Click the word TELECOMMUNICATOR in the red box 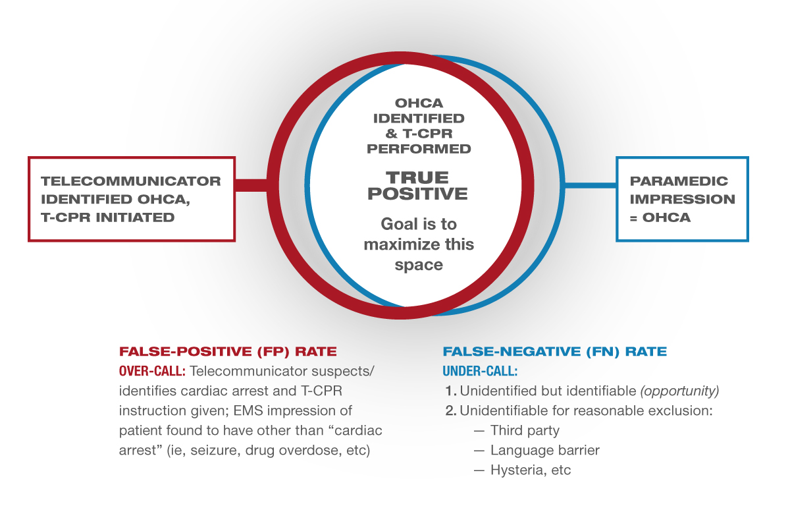tap(131, 181)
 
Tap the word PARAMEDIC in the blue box tap(679, 181)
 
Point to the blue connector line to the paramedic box tap(591, 185)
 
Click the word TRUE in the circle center tap(417, 177)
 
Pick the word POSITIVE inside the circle tap(417, 194)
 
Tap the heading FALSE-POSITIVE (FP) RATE tap(228, 352)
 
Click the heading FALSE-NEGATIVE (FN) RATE tap(555, 352)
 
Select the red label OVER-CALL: tap(152, 371)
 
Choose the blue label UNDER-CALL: tap(480, 371)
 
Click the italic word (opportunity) tap(679, 391)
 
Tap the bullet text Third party tap(525, 430)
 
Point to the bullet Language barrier tap(545, 450)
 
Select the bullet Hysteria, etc tap(531, 470)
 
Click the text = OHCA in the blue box tap(660, 217)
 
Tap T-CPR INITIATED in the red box tap(107, 217)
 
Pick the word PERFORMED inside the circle tap(419, 149)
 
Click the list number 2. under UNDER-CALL tap(450, 411)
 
